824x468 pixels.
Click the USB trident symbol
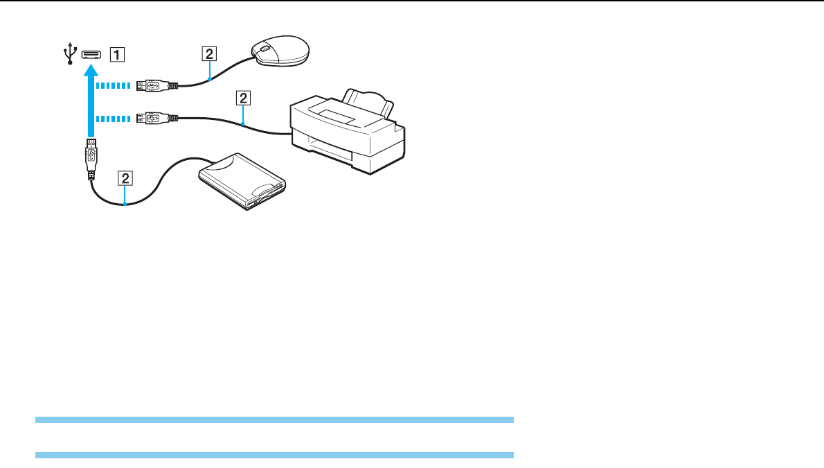[x=69, y=54]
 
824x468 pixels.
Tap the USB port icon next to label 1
[x=91, y=53]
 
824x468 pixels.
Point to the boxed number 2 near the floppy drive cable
[x=125, y=178]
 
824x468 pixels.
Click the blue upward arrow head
[x=91, y=70]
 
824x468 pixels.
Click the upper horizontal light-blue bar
[x=274, y=419]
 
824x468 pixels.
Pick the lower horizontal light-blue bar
[x=274, y=455]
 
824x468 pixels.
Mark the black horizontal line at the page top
[x=412, y=1]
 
